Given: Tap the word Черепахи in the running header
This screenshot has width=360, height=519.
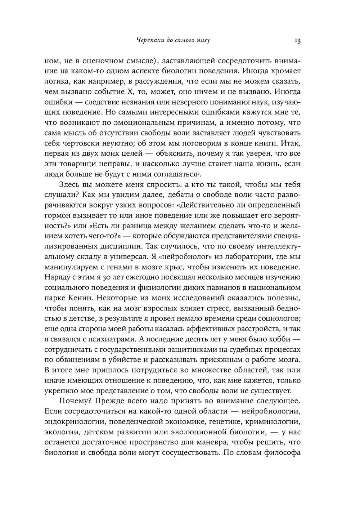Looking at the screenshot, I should (144, 40).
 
